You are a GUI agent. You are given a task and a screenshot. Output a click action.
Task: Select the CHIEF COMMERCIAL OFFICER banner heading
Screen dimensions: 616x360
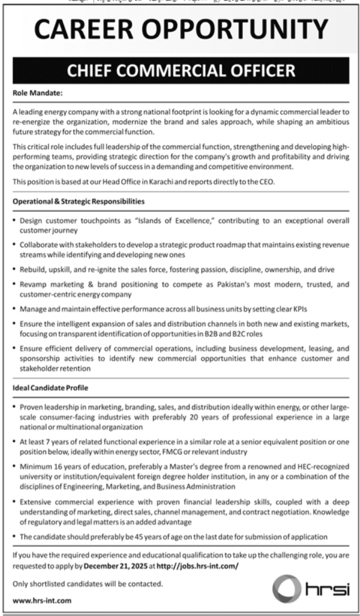[x=180, y=71]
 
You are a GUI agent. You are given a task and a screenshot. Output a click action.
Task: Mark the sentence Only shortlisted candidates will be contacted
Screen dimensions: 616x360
[x=88, y=583]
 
